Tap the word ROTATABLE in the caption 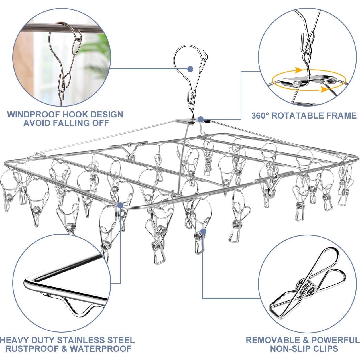click(x=297, y=115)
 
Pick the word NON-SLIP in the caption click(x=292, y=349)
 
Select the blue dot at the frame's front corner click(x=120, y=205)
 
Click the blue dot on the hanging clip click(x=203, y=231)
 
